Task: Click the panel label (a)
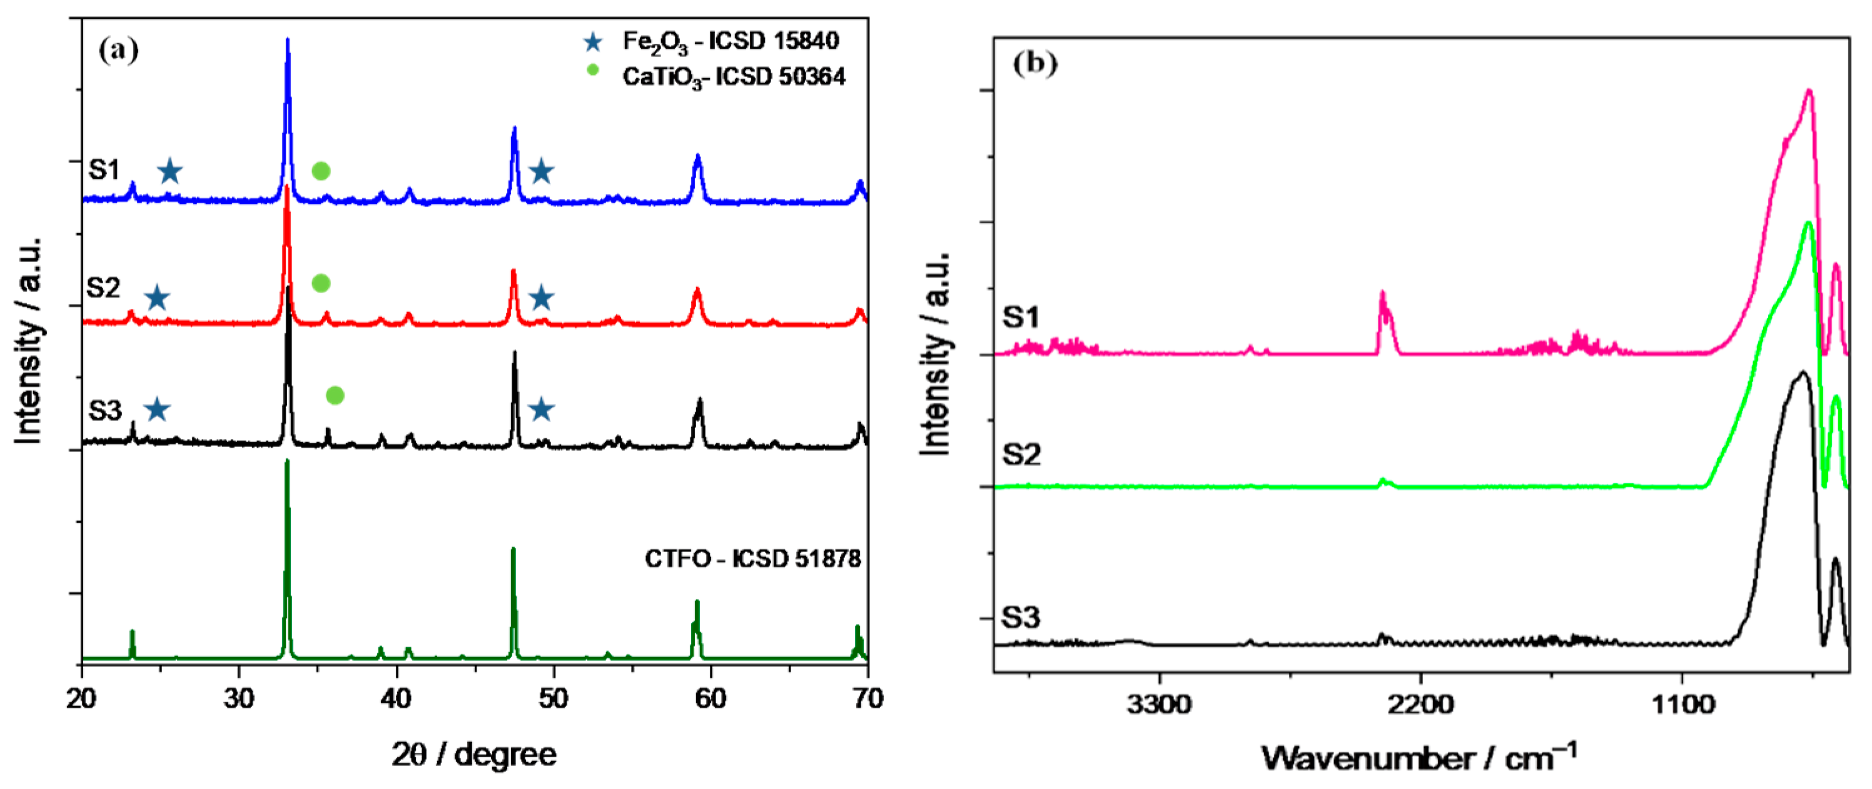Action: [x=118, y=51]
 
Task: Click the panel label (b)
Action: [x=1035, y=64]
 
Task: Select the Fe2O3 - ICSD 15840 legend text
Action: [x=731, y=41]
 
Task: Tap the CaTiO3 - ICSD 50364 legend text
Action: [x=733, y=76]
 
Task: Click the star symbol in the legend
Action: [x=593, y=42]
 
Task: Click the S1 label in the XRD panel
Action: [x=104, y=169]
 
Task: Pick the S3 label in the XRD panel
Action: [x=104, y=411]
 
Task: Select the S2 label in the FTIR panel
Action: [x=1021, y=455]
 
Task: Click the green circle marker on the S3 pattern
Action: [x=335, y=395]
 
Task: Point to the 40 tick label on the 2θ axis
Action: [x=396, y=698]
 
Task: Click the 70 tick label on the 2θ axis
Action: [x=867, y=698]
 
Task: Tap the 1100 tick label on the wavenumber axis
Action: [x=1682, y=704]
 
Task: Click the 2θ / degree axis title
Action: [x=474, y=754]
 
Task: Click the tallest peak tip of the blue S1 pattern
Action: [x=288, y=40]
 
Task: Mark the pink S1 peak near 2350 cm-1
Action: [x=1382, y=293]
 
